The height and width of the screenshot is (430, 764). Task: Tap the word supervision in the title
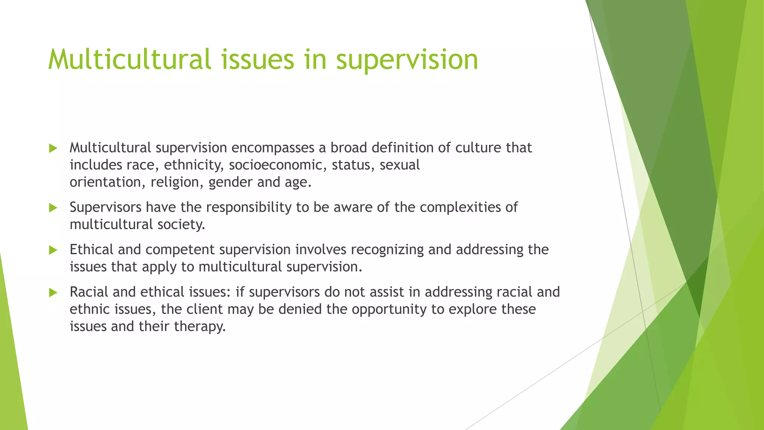(x=407, y=60)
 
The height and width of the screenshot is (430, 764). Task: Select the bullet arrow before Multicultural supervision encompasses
(x=53, y=149)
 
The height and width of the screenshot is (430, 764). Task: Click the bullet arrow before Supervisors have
(x=53, y=208)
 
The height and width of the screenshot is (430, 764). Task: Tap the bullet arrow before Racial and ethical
(x=53, y=293)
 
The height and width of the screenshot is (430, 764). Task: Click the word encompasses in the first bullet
(x=273, y=148)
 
